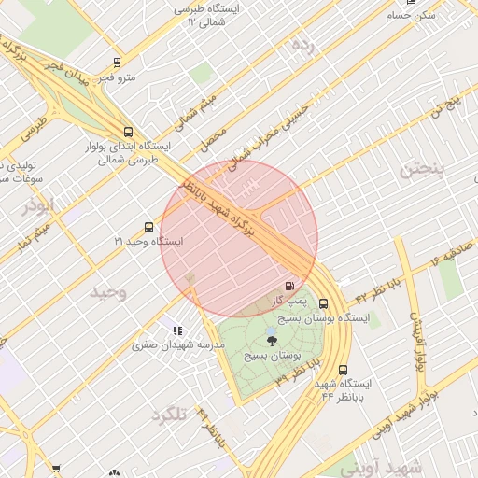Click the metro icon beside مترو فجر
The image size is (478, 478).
click(117, 63)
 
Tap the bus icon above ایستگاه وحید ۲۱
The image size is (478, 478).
click(148, 227)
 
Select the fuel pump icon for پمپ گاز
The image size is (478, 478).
click(289, 286)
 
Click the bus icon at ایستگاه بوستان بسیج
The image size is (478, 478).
click(324, 303)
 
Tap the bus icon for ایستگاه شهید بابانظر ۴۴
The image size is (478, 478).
click(344, 370)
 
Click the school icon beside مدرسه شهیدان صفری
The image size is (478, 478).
click(177, 330)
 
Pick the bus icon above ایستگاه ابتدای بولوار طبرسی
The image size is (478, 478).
click(127, 132)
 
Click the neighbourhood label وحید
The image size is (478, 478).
click(107, 293)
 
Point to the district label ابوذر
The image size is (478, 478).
click(40, 204)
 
